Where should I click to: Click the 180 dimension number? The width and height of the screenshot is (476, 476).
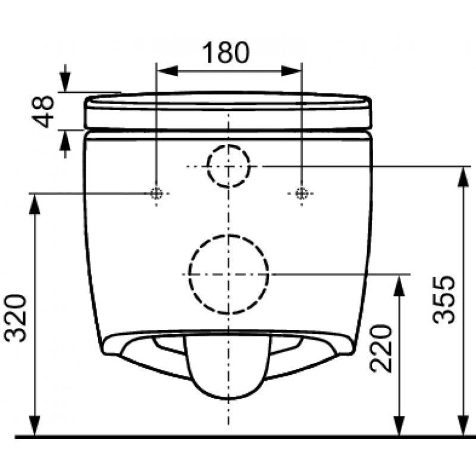point(226,52)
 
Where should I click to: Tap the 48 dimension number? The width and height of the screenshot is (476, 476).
point(43,111)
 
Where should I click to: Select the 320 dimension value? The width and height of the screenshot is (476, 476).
point(15,318)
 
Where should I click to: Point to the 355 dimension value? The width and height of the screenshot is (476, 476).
point(444,300)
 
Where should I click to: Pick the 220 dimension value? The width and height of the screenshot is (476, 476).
point(381,349)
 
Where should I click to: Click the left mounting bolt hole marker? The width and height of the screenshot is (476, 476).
point(156,193)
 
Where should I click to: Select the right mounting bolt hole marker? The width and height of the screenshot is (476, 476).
point(302,193)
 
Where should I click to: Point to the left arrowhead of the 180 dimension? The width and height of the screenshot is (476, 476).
point(167,71)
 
